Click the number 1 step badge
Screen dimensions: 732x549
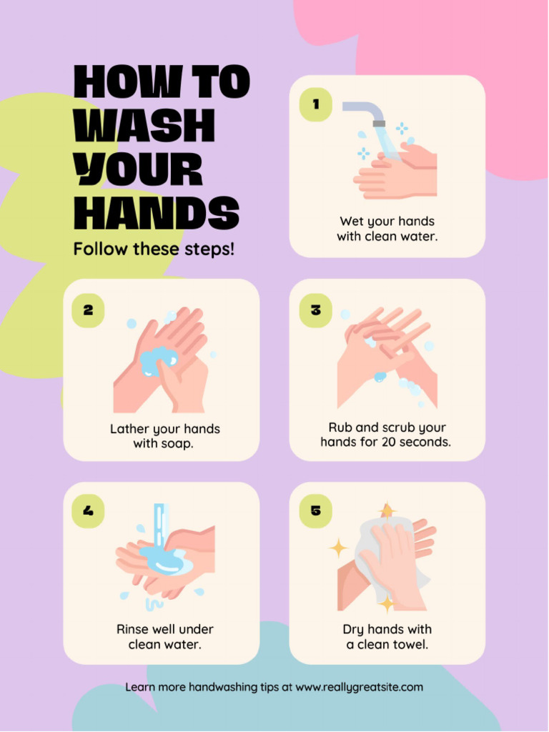(315, 105)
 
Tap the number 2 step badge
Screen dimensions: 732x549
(89, 310)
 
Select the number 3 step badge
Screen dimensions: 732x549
(315, 310)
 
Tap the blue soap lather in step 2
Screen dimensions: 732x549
(157, 359)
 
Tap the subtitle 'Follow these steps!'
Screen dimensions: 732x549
(154, 249)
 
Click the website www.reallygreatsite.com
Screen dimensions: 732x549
(359, 687)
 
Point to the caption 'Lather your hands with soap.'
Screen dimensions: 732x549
(164, 436)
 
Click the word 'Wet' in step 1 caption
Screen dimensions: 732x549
(350, 221)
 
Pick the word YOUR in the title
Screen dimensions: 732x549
(139, 170)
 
